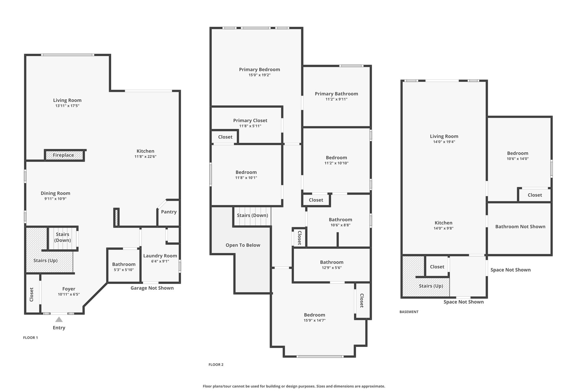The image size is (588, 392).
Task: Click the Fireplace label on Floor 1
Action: (x=63, y=155)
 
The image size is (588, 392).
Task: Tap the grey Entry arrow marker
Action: (x=59, y=319)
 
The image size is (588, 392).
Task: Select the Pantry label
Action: (x=169, y=212)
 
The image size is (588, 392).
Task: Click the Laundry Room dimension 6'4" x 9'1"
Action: (x=160, y=261)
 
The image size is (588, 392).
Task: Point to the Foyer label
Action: (x=69, y=289)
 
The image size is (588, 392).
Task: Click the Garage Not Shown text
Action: (x=152, y=288)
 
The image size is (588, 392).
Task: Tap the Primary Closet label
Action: (x=250, y=121)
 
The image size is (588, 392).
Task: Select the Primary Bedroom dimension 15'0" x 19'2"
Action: (x=260, y=75)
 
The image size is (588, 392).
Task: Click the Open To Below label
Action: (x=243, y=245)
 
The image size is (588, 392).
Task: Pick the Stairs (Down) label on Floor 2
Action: (x=252, y=215)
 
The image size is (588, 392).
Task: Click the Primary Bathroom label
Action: (x=336, y=94)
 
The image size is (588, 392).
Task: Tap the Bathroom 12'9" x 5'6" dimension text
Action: (x=332, y=268)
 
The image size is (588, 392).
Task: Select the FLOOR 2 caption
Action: (x=216, y=365)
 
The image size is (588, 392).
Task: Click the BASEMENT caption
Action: (x=409, y=312)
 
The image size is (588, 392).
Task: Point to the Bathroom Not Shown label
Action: (x=520, y=227)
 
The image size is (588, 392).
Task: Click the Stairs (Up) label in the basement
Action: (x=431, y=286)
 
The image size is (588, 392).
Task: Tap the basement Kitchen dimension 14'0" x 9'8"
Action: (x=444, y=228)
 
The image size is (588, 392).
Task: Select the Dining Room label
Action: (x=55, y=193)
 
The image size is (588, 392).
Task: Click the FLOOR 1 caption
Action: (x=30, y=338)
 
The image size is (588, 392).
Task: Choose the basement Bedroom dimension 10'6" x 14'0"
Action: (x=518, y=159)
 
